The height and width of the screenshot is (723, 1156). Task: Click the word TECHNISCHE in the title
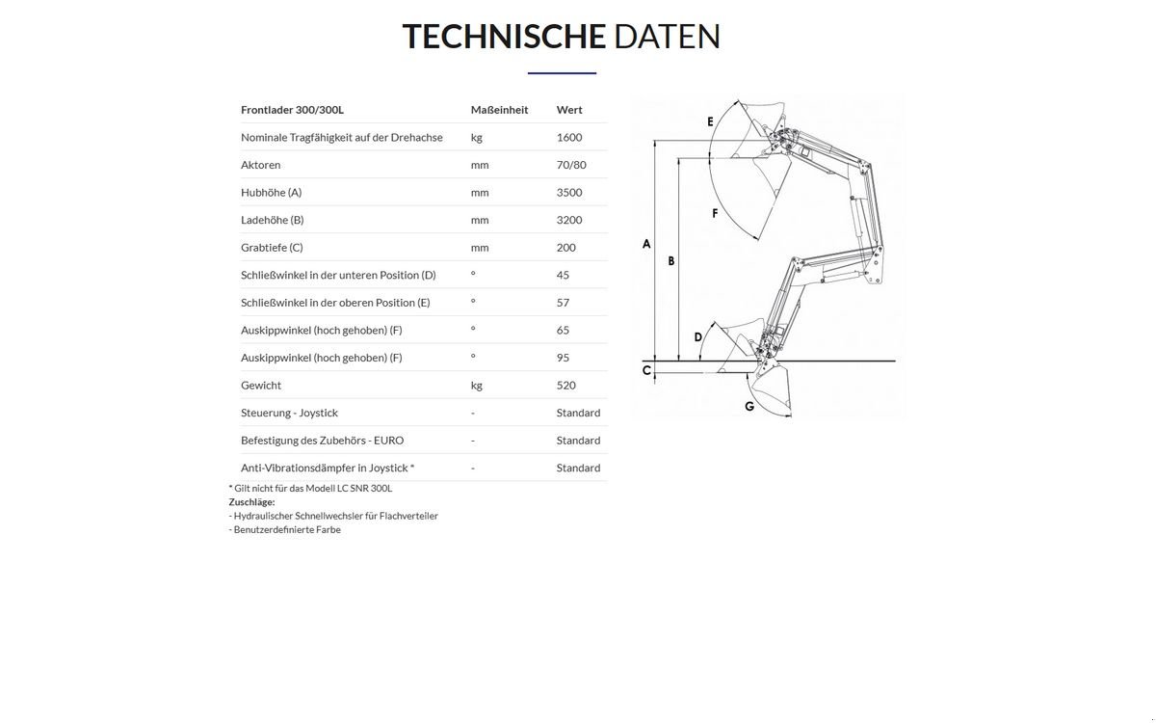click(504, 37)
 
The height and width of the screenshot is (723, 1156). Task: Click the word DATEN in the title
click(668, 37)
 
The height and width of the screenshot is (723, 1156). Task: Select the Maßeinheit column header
click(499, 110)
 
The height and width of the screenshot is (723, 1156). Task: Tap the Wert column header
click(569, 110)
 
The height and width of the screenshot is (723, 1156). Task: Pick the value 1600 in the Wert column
click(569, 137)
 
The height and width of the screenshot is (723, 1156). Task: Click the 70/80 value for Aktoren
click(571, 165)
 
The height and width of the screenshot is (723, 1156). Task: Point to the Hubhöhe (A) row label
click(271, 192)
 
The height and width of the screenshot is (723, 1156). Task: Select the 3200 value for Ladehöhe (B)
click(569, 220)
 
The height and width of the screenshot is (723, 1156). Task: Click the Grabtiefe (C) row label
click(272, 248)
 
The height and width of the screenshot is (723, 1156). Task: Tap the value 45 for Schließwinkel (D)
click(563, 275)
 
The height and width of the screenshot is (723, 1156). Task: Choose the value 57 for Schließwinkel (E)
click(563, 303)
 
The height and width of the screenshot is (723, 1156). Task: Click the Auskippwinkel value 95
click(563, 358)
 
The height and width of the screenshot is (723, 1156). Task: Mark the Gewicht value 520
click(566, 386)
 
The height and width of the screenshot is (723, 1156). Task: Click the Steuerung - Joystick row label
click(289, 413)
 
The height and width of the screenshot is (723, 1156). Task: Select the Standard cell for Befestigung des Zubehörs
click(578, 441)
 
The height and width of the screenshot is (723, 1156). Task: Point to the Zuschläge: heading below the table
click(251, 502)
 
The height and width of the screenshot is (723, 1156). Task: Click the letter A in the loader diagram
click(646, 244)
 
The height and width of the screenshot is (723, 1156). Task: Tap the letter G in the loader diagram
click(749, 407)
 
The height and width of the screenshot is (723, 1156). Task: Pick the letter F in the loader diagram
click(715, 213)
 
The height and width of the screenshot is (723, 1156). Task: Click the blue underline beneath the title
click(562, 73)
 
